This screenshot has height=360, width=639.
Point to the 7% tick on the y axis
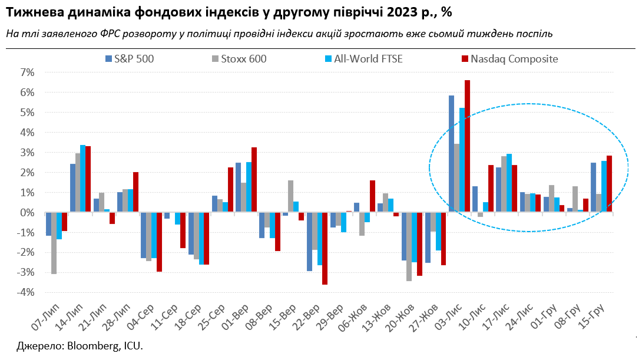(x=27, y=72)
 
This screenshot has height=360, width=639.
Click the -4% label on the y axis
(x=26, y=292)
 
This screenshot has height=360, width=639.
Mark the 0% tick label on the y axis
(x=27, y=212)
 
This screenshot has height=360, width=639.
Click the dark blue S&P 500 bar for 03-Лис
(x=452, y=154)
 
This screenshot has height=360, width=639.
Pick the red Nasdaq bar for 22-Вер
(x=325, y=248)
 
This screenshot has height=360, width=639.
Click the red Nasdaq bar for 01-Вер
(x=254, y=180)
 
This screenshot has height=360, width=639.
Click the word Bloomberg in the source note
(x=84, y=346)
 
